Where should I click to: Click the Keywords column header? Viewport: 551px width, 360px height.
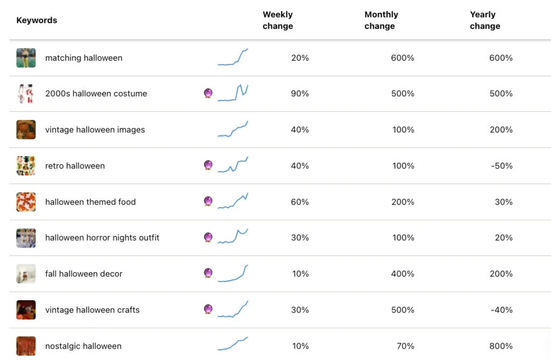tap(37, 20)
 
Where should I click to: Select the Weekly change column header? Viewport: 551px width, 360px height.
tap(278, 20)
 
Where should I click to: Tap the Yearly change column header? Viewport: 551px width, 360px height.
tap(485, 20)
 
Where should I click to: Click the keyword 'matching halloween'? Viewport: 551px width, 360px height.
tap(83, 58)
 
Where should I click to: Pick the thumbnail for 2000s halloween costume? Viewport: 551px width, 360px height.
tap(26, 94)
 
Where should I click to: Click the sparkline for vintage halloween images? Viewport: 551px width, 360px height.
tap(232, 130)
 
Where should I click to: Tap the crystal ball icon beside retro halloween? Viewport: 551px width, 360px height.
tap(208, 165)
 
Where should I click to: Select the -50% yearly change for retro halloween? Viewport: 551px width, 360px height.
tap(501, 166)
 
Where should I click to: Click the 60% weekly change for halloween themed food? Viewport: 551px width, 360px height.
tap(300, 202)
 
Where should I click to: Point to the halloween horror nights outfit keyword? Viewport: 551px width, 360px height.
tap(102, 238)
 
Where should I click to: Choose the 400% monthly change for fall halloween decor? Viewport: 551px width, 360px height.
tap(402, 274)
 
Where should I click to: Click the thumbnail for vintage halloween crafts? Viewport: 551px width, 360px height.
tap(26, 310)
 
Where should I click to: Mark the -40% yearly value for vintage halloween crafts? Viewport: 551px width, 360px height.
tap(501, 310)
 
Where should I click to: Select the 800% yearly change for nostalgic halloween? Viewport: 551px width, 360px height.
tap(501, 346)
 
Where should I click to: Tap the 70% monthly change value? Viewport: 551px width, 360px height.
tap(406, 346)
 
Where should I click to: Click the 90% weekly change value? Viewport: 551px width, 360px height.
tap(300, 94)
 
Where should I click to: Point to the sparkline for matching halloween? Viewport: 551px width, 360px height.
tap(232, 57)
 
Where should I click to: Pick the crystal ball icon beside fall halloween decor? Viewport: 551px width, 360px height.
tap(208, 273)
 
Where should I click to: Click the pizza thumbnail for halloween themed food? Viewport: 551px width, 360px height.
tap(26, 202)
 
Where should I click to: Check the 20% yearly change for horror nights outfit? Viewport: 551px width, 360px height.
tap(504, 238)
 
